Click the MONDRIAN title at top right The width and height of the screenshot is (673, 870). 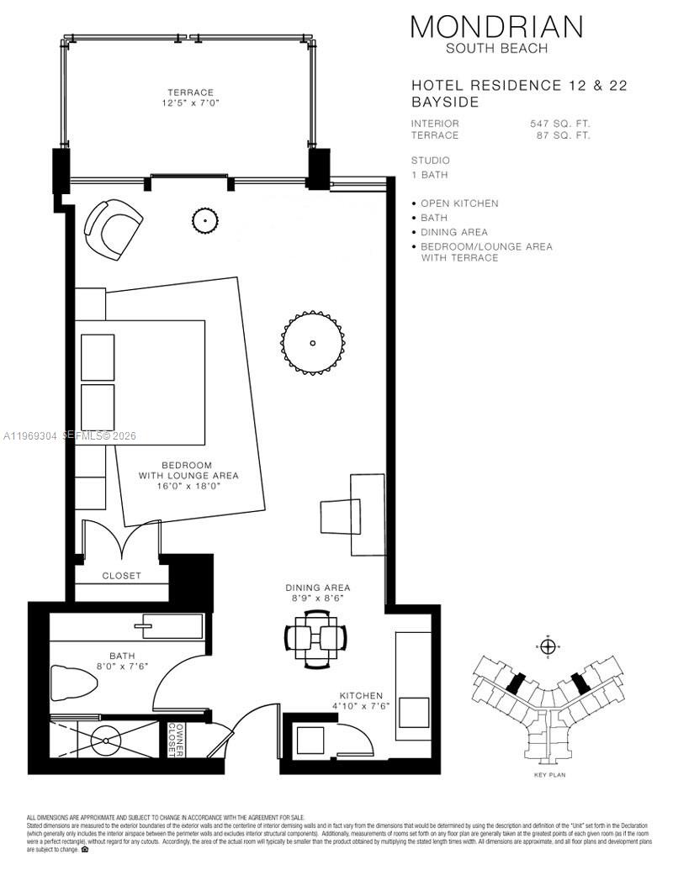click(496, 27)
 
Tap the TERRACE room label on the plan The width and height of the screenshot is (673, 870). click(190, 98)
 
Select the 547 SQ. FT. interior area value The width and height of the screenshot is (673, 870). click(560, 124)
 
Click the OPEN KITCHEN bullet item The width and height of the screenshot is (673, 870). click(459, 203)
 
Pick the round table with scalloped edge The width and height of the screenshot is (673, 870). click(313, 342)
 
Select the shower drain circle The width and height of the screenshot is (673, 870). click(106, 742)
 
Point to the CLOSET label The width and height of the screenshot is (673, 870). click(121, 576)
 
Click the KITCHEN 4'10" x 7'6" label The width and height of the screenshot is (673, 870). click(361, 701)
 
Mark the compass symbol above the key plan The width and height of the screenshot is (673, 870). click(548, 646)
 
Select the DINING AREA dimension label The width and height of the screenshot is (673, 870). click(317, 593)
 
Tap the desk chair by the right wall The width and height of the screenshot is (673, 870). click(341, 514)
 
